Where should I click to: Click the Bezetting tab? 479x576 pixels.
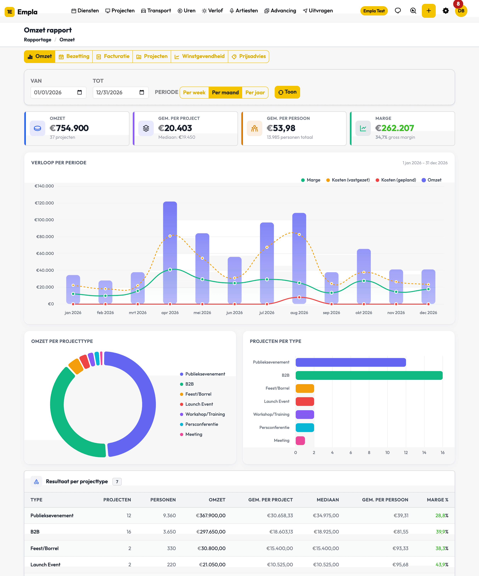pyautogui.click(x=74, y=56)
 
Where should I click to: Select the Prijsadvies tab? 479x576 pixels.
pyautogui.click(x=249, y=56)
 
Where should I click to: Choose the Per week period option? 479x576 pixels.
pyautogui.click(x=194, y=92)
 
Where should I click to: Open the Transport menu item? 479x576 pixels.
pyautogui.click(x=156, y=11)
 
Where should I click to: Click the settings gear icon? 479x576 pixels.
pyautogui.click(x=446, y=11)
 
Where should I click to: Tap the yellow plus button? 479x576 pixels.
pyautogui.click(x=429, y=11)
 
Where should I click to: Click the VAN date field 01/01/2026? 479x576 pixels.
pyautogui.click(x=58, y=92)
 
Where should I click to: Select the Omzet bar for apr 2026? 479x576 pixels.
pyautogui.click(x=170, y=253)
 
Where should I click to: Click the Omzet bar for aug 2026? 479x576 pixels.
pyautogui.click(x=299, y=258)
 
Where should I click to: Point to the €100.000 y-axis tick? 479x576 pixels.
pyautogui.click(x=44, y=220)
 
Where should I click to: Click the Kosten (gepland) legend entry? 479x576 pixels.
pyautogui.click(x=396, y=180)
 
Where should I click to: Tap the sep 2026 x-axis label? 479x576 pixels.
pyautogui.click(x=331, y=313)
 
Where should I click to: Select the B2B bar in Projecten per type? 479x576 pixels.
pyautogui.click(x=369, y=375)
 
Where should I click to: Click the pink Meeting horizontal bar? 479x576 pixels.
pyautogui.click(x=300, y=441)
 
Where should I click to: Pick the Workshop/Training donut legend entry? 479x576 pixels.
pyautogui.click(x=202, y=414)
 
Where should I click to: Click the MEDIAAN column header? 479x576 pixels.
pyautogui.click(x=328, y=500)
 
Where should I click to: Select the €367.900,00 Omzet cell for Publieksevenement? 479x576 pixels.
pyautogui.click(x=211, y=516)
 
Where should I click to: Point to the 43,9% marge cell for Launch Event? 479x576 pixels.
pyautogui.click(x=442, y=564)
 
